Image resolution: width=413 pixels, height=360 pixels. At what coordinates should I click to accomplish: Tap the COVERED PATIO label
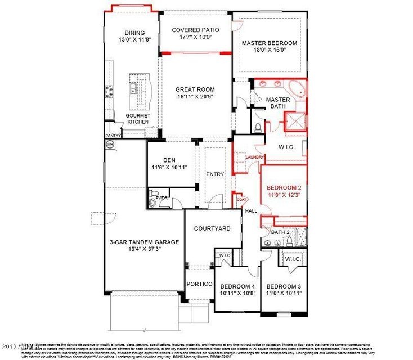pos(195,30)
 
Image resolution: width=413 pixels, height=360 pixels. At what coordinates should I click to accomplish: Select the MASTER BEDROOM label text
pos(269,43)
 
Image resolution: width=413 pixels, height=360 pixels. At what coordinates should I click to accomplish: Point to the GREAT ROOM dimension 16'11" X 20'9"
pos(195,97)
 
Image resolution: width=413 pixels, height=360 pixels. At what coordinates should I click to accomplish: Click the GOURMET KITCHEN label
pos(138,119)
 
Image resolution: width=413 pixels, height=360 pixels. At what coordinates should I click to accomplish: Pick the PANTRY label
pos(113,136)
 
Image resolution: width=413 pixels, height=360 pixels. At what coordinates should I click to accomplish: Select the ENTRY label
pos(215,174)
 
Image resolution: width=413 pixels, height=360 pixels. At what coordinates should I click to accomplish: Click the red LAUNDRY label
pos(246,157)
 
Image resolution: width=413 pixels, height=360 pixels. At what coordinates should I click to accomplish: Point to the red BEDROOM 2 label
pos(284,187)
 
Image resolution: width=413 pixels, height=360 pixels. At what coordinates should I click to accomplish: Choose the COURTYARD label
pos(212,228)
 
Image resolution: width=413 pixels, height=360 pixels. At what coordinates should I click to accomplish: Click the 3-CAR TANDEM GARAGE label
pos(144,242)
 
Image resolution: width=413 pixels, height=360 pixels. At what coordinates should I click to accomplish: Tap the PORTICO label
pos(200,283)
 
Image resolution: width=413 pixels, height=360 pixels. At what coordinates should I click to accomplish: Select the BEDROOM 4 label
pos(237,285)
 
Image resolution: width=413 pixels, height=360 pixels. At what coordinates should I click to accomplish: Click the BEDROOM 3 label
pos(284,285)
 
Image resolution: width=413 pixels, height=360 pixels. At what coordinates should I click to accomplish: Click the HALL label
pos(251,210)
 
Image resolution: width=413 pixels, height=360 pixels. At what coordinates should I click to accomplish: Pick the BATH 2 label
pos(280,232)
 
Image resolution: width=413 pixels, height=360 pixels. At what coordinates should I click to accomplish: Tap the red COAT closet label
pos(242,199)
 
